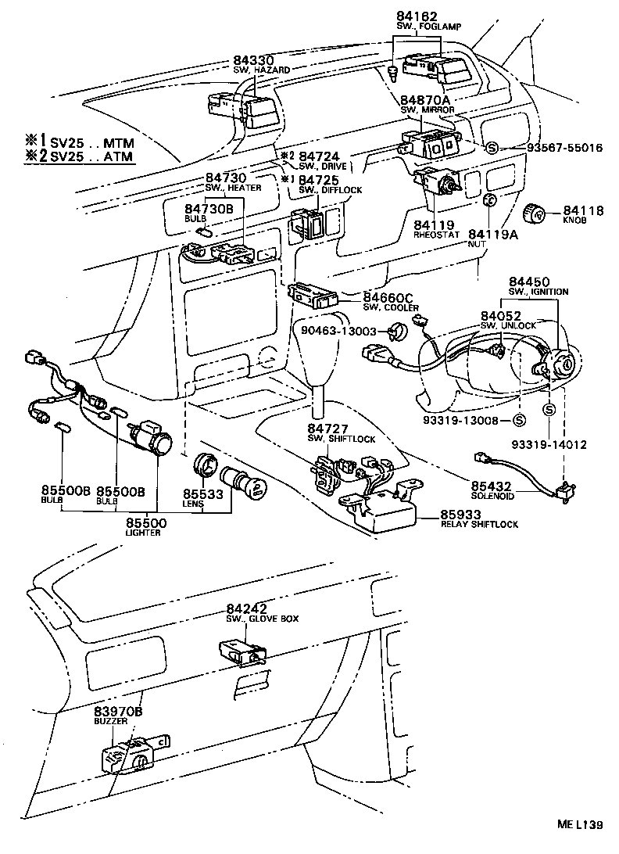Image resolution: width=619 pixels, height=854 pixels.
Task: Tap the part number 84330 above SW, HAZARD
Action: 254,60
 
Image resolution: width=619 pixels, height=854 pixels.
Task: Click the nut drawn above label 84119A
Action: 488,200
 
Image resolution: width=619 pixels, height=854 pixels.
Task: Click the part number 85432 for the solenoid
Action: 490,486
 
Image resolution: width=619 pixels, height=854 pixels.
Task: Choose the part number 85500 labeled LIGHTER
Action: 145,522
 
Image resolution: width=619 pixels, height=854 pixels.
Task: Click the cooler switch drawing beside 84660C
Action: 313,295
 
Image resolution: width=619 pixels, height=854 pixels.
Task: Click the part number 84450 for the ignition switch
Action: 529,281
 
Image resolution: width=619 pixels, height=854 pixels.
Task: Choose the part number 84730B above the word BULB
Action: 209,209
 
